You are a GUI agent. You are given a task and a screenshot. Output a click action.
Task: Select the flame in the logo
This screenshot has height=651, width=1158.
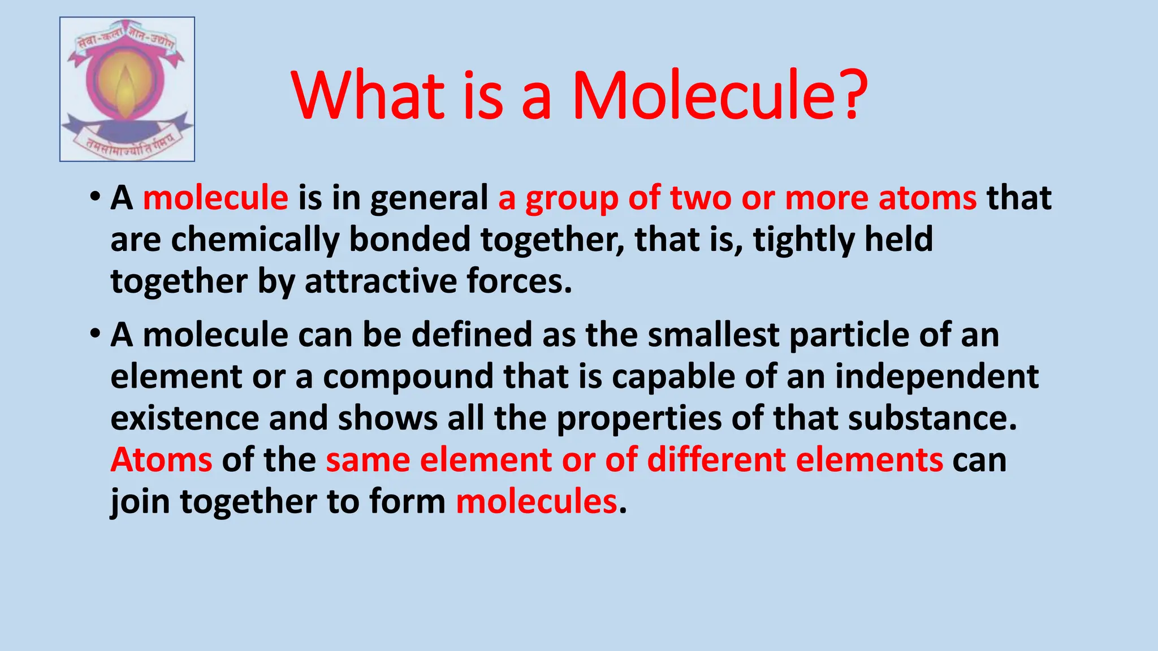(x=126, y=90)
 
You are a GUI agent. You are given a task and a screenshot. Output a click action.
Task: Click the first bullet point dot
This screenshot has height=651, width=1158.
(x=94, y=197)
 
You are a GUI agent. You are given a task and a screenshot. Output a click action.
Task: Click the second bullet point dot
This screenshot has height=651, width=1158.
(x=94, y=334)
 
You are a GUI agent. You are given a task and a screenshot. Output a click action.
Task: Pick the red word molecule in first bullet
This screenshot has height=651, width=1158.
(x=215, y=198)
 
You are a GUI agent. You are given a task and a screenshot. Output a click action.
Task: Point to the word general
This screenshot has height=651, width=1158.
(x=429, y=199)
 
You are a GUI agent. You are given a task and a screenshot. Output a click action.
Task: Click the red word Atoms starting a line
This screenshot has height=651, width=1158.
(x=162, y=460)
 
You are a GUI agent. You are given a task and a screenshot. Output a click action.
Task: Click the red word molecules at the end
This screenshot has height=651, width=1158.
(x=536, y=502)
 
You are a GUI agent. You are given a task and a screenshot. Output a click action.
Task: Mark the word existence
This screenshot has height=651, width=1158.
(x=184, y=419)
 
